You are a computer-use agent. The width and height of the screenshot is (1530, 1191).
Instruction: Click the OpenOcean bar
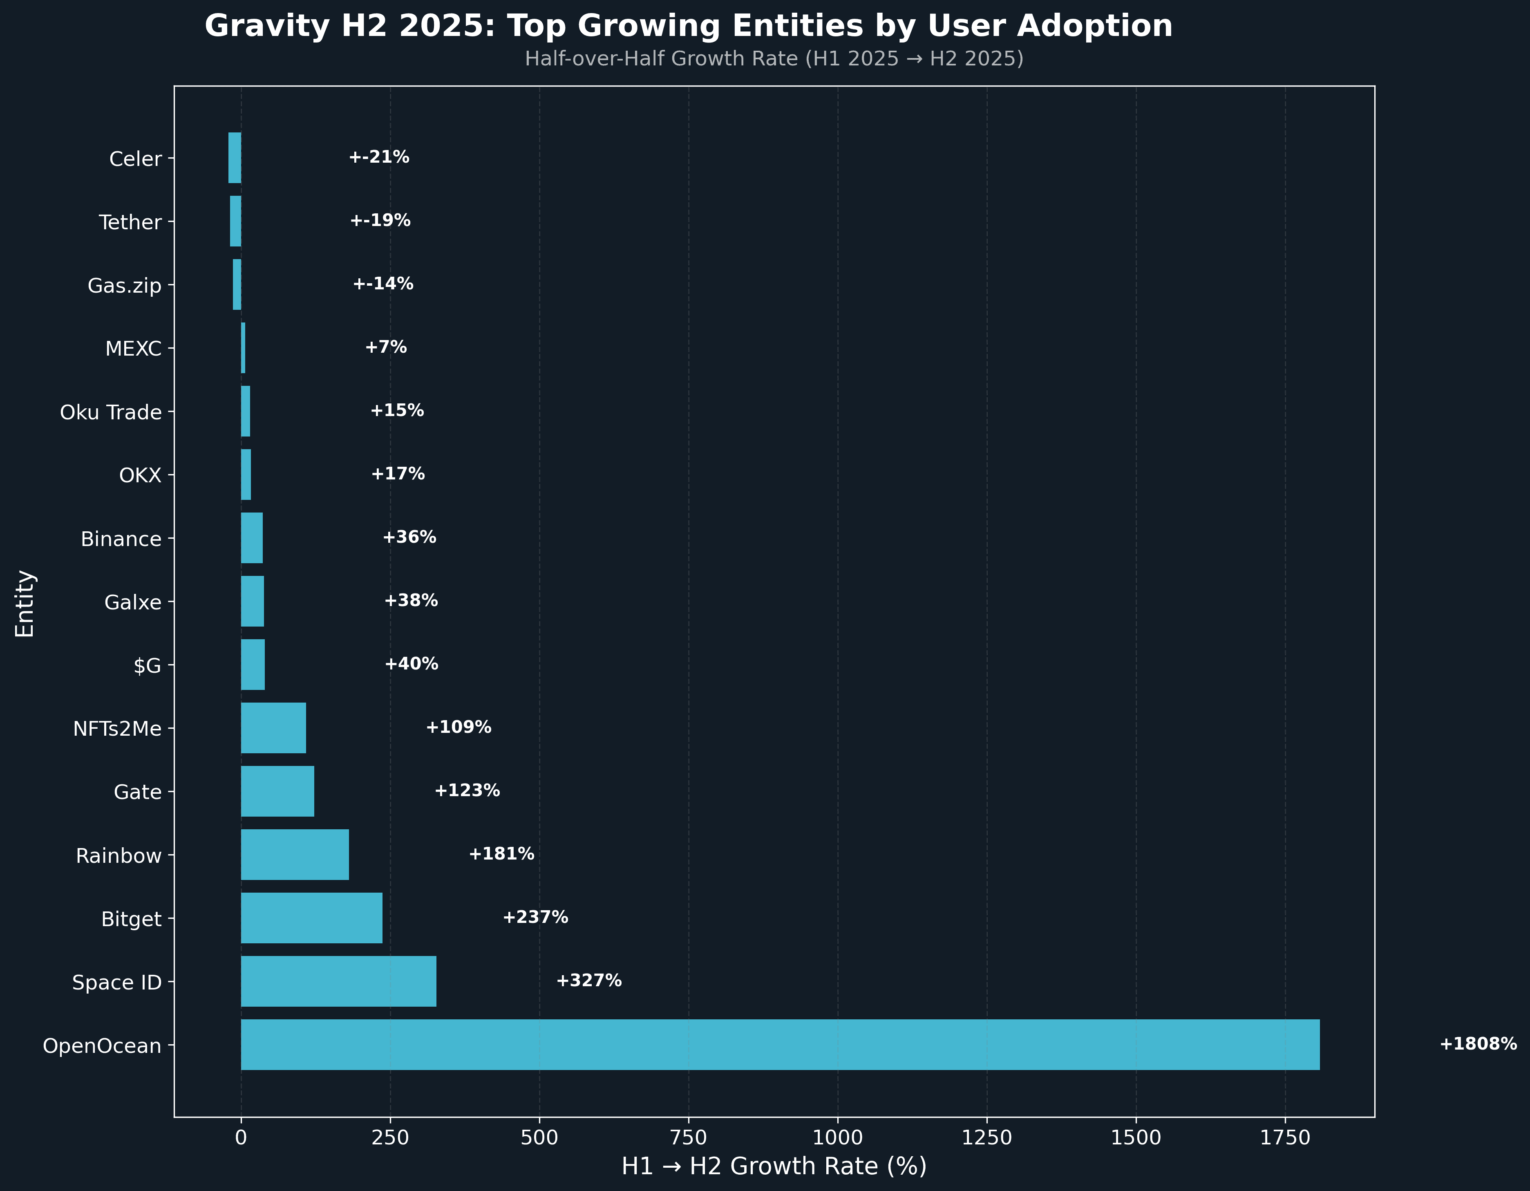780,1045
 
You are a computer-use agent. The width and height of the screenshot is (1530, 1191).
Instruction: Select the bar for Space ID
338,981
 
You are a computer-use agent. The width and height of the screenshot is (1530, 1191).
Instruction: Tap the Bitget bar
312,918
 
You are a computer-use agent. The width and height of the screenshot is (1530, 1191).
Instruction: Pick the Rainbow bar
295,855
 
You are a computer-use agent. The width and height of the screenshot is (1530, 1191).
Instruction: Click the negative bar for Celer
235,158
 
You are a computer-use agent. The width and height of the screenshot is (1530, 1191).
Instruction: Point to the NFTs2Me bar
273,728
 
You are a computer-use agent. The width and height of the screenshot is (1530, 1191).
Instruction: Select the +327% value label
588,980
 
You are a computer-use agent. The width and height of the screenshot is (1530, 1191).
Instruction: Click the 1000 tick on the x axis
838,1138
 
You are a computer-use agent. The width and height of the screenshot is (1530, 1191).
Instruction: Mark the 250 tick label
390,1138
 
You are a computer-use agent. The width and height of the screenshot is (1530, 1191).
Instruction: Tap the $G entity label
147,665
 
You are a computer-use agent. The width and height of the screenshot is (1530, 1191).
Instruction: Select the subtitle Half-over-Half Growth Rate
774,59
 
